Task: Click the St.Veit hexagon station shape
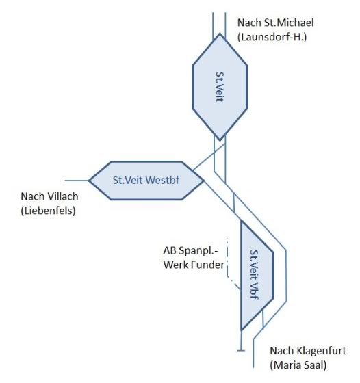point(220,87)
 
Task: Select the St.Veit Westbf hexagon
point(146,181)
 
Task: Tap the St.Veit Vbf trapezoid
point(257,275)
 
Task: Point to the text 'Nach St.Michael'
point(276,23)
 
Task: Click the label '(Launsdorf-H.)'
point(272,38)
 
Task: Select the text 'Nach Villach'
point(49,196)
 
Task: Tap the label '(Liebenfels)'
point(48,211)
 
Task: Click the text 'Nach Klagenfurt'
point(308,351)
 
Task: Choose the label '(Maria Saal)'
point(298,365)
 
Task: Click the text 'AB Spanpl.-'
point(191,251)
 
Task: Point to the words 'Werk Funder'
point(194,265)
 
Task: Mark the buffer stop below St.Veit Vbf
point(241,351)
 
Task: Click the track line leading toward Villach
point(77,181)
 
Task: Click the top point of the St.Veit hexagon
point(220,34)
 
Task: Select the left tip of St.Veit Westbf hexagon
point(89,181)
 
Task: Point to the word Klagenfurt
point(322,351)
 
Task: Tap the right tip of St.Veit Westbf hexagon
point(203,181)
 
